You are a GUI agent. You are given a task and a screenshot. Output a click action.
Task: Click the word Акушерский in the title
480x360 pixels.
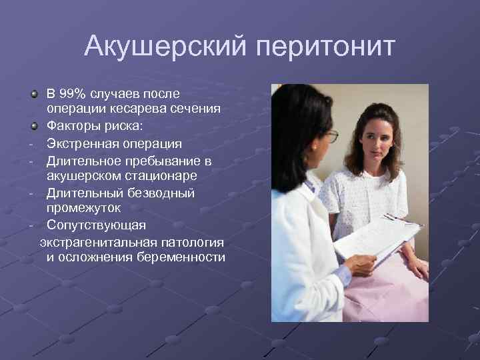[x=166, y=47]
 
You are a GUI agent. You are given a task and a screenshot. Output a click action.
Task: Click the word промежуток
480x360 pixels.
[x=83, y=209]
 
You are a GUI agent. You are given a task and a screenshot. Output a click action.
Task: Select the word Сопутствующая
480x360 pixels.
[x=96, y=225]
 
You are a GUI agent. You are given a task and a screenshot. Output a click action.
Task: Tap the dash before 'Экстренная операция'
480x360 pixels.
[x=31, y=144]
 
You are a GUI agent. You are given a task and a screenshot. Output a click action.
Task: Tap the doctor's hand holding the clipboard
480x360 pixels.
[x=361, y=263]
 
